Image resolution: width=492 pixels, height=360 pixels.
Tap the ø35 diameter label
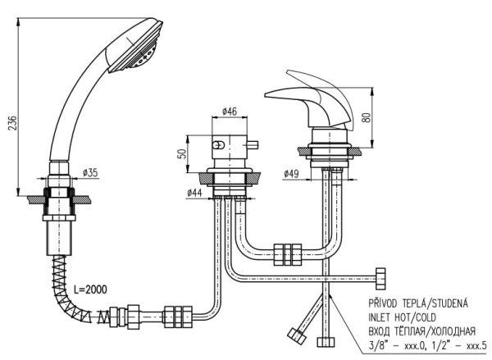pos(90,172)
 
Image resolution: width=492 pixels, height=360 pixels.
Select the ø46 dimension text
pos(229,111)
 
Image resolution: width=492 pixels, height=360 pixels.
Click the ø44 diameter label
pos(194,193)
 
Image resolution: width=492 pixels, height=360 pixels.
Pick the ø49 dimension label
pos(291,173)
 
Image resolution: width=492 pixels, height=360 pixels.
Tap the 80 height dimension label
pos(367,118)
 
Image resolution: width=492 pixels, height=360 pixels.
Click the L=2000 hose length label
pos(90,289)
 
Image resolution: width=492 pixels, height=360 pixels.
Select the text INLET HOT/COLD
pos(402,317)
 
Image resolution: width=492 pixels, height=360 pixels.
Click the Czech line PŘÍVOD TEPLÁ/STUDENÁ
pos(418,303)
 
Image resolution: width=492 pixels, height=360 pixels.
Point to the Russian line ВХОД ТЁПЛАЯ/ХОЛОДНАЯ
pos(421,330)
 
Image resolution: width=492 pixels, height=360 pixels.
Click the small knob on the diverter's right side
pos(252,144)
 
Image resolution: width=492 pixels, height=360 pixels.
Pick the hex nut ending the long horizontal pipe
pos(380,278)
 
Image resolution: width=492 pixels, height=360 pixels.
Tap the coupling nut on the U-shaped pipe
pos(288,254)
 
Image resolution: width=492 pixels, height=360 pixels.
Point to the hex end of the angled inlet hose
pos(297,335)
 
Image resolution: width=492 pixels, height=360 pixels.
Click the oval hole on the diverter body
pos(218,145)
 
